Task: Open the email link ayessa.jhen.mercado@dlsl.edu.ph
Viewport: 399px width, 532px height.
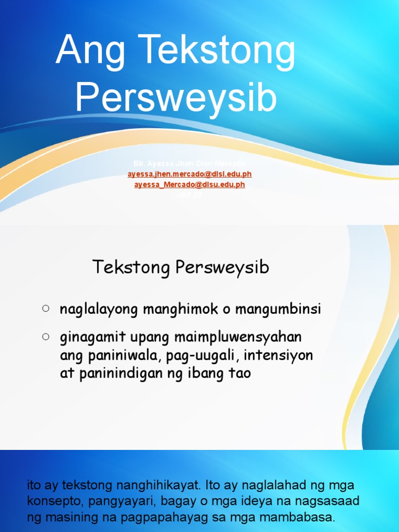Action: (190, 175)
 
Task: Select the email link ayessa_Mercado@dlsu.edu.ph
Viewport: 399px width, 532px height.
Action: (190, 184)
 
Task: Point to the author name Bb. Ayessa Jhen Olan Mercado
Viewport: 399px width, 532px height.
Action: (190, 164)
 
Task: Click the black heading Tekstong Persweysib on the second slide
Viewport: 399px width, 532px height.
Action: (181, 268)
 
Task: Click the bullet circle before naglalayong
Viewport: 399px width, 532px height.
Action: (46, 309)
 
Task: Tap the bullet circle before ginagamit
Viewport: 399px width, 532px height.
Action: (46, 337)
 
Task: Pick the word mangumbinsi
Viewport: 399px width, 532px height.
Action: (278, 310)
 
